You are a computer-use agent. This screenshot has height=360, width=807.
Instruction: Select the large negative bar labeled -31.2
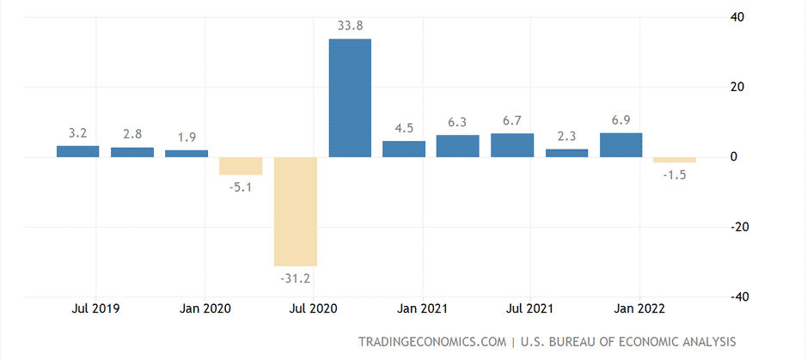tap(296, 211)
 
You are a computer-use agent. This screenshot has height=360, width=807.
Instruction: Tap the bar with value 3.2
tap(78, 151)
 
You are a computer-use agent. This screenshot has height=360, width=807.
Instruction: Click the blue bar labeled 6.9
tap(621, 144)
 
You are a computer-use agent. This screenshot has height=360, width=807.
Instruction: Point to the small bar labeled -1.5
tap(675, 160)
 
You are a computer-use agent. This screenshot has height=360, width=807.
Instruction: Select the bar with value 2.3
tap(566, 153)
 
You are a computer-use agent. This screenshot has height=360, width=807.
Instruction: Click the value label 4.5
tap(404, 127)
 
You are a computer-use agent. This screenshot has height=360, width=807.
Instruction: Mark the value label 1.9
tap(186, 137)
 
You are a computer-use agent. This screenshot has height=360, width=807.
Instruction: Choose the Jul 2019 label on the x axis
tap(95, 308)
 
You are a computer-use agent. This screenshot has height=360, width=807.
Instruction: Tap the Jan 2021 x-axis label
tap(421, 308)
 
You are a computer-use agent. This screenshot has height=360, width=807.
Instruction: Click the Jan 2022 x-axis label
tap(639, 308)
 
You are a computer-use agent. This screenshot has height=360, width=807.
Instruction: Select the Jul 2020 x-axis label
tap(313, 308)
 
